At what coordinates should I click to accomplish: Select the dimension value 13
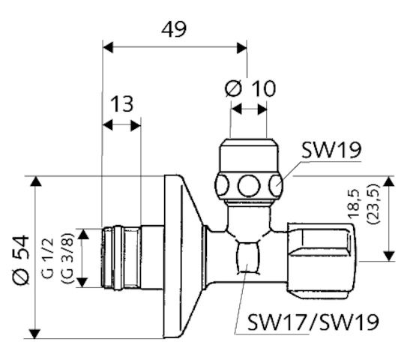pyautogui.click(x=124, y=103)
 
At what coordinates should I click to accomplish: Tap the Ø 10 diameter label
pyautogui.click(x=250, y=88)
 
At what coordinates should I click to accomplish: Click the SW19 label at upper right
pyautogui.click(x=331, y=151)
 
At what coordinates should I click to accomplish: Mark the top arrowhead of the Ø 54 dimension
pyautogui.click(x=35, y=181)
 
